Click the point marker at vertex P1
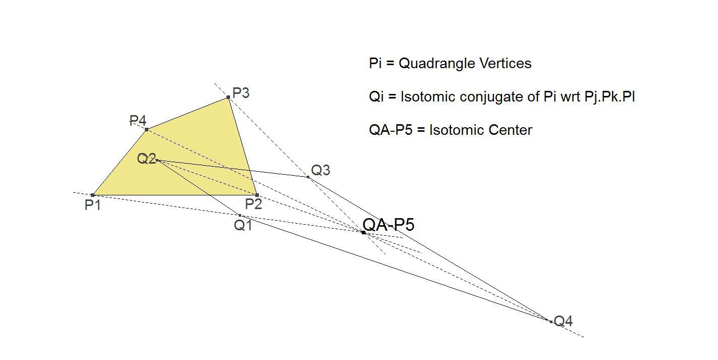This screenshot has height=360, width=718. (93, 195)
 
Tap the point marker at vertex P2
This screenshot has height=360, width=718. (257, 195)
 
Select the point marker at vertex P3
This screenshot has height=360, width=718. (229, 97)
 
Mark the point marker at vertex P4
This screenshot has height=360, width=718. (146, 129)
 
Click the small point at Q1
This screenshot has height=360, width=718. (240, 216)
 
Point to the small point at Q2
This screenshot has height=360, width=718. (157, 160)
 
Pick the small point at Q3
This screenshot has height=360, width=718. (308, 177)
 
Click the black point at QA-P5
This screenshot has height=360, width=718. (363, 232)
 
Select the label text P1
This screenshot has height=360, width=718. (92, 205)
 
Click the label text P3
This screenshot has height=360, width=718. (241, 93)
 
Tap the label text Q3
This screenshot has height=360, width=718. (320, 171)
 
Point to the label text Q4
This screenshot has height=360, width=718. (563, 321)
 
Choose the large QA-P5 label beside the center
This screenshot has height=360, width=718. (389, 225)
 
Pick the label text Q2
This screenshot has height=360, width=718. (146, 159)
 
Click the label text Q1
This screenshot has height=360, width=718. (243, 226)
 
